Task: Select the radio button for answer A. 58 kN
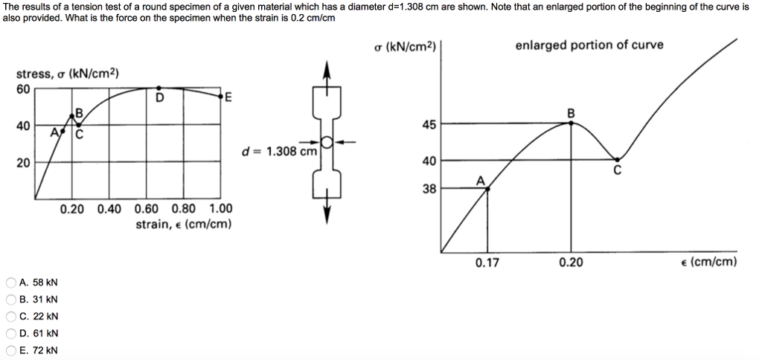(10, 283)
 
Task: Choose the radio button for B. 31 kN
(10, 299)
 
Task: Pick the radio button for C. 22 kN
(10, 316)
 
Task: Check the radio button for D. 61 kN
(10, 333)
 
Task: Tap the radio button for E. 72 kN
(10, 350)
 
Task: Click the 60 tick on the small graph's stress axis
(23, 89)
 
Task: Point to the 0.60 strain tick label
(147, 209)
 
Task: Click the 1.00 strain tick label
(221, 209)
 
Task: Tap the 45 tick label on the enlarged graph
(429, 125)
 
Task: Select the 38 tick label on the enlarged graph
(429, 190)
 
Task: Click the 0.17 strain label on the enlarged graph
(487, 263)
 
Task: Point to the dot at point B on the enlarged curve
(571, 123)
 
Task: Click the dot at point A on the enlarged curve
(487, 189)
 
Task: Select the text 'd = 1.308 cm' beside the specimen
(279, 151)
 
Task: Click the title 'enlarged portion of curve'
(589, 45)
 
